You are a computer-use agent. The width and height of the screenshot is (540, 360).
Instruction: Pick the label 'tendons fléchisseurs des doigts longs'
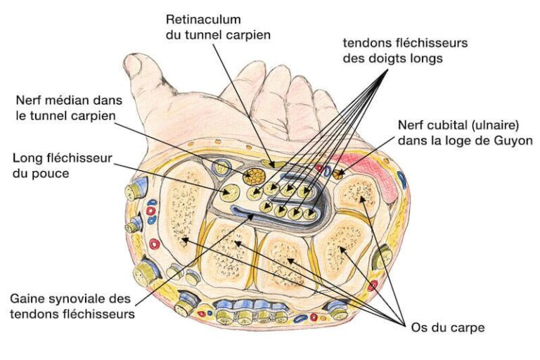coord(405,51)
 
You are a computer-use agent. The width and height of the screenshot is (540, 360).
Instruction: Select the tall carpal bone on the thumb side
coord(181,218)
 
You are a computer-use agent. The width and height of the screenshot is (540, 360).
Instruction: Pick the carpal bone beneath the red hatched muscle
coord(359,200)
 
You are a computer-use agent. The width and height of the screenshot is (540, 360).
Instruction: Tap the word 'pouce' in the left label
coord(52,172)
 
